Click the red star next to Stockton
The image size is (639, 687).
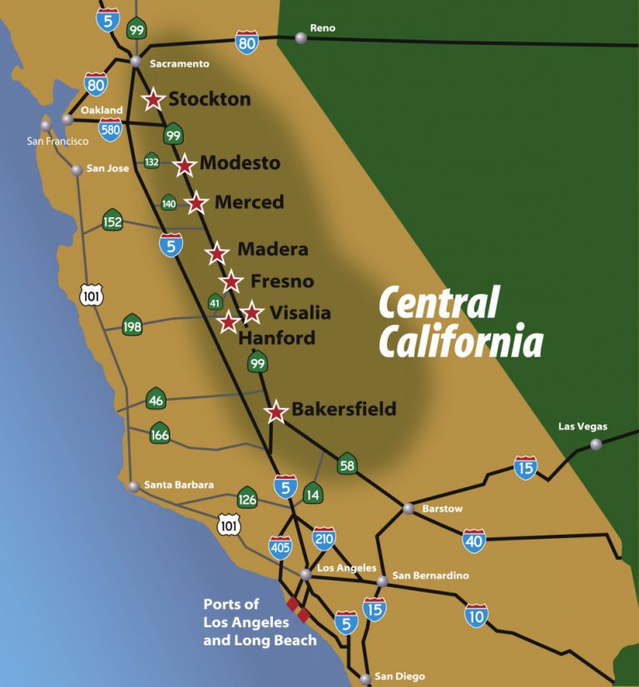point(153,100)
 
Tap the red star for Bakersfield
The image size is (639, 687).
point(276,411)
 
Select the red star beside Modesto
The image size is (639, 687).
point(185,165)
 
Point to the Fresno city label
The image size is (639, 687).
point(281,281)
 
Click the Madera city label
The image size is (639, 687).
point(272,249)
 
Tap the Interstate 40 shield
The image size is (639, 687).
point(473,540)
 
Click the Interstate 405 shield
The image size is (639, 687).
point(280,547)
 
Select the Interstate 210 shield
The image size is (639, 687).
point(324,539)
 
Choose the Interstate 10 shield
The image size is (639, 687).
point(476,615)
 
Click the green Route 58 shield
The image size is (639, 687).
point(347,465)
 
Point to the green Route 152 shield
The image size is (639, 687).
point(112,221)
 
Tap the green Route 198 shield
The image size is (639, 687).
point(132,326)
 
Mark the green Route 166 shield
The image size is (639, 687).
point(160,433)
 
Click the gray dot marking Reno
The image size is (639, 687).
point(300,38)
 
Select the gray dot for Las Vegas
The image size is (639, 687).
point(596,445)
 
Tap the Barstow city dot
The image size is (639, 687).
point(408,509)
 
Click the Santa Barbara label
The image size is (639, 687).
point(178,485)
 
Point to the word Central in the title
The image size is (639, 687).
point(438,303)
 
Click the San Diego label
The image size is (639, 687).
point(399,676)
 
